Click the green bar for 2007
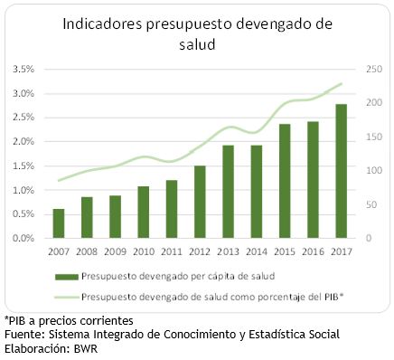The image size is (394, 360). click(59, 223)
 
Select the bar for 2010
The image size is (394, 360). click(117, 213)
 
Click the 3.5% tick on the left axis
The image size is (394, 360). click(23, 70)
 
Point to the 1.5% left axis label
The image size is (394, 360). click(23, 166)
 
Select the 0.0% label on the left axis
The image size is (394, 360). click(23, 239)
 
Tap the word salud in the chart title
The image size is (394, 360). click(197, 44)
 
